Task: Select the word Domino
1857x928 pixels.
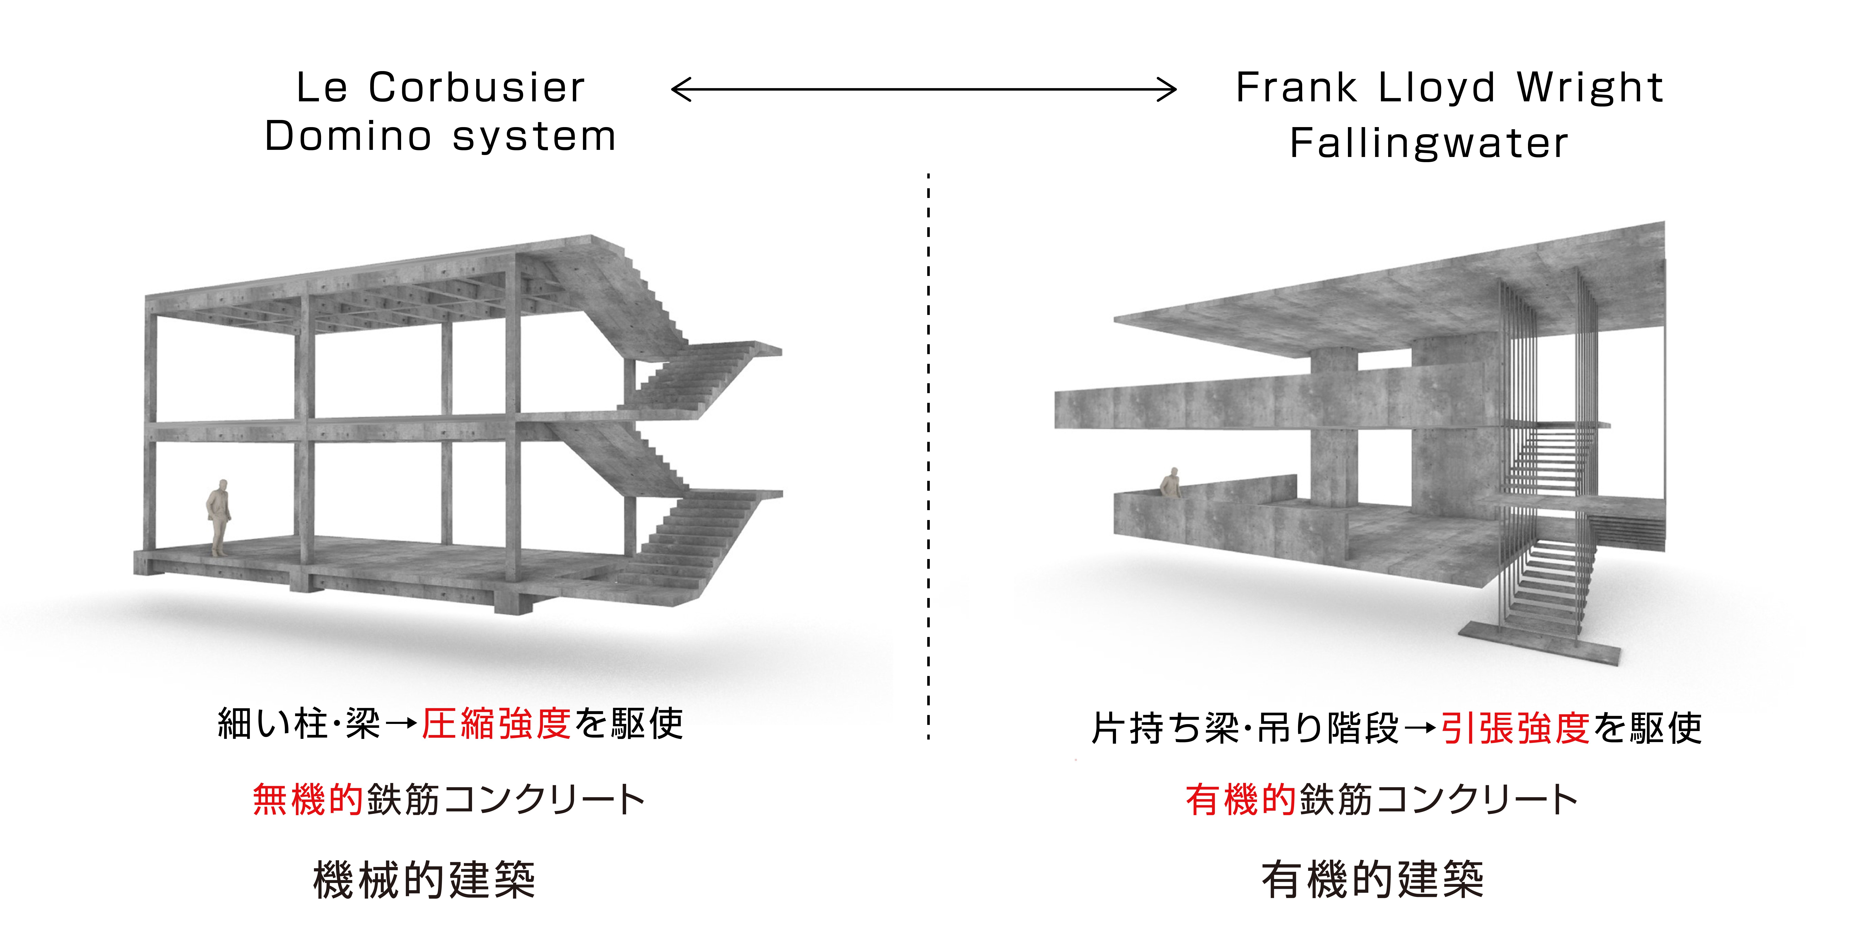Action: point(348,136)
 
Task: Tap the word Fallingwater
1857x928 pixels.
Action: point(1429,143)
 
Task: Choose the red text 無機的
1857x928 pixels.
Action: point(307,800)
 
